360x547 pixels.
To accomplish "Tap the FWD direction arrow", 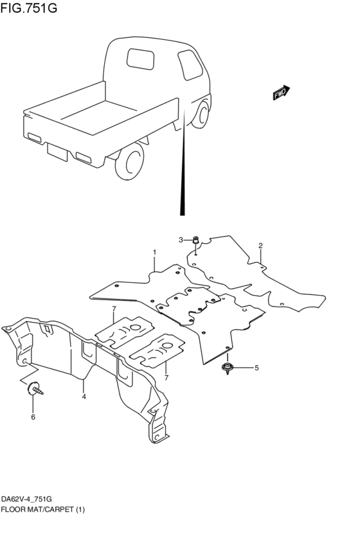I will click(281, 93).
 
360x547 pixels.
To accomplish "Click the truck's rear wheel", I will click(130, 163).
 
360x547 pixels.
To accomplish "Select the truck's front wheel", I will click(202, 114).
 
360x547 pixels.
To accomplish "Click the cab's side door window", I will click(189, 64).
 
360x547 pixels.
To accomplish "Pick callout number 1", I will click(154, 251).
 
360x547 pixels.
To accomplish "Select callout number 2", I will click(260, 246).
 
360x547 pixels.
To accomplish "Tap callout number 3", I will click(181, 240).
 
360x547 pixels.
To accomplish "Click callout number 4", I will click(84, 397).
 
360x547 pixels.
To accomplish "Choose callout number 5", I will click(256, 368).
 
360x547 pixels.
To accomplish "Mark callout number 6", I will click(33, 417).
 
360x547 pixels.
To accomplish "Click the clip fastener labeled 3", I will click(197, 242).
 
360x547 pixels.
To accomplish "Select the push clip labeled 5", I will click(228, 368).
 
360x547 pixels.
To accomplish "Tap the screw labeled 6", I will click(33, 388).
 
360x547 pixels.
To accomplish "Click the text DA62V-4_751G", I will click(27, 499).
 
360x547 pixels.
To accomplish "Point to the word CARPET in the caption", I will click(60, 509).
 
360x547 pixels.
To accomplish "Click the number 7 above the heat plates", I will click(113, 310).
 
